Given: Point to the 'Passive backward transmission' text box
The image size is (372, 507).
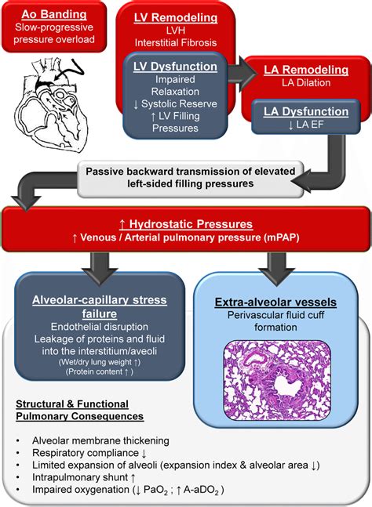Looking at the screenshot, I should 180,177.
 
